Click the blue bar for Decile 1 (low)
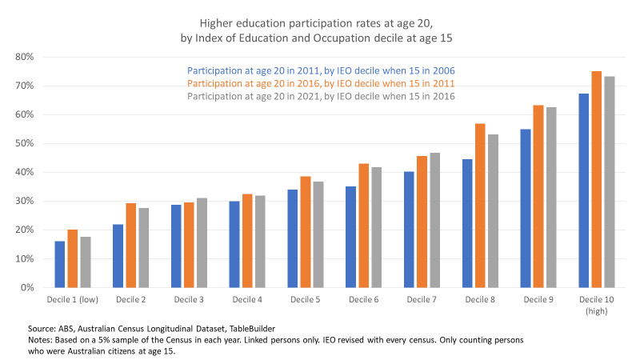(60, 264)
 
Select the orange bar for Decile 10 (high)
(596, 179)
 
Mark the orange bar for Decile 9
(538, 196)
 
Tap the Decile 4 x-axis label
(246, 298)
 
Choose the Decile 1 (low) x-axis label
(70, 298)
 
